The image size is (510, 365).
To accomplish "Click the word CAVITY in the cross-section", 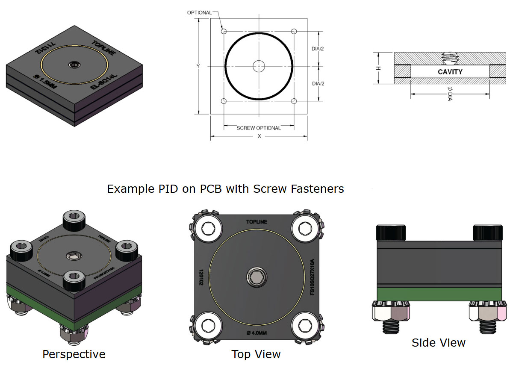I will tap(450, 72).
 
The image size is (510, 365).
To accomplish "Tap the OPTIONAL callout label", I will tap(199, 12).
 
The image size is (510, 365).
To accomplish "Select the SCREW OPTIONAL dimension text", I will tap(259, 128).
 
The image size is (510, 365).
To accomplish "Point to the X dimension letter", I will tap(259, 136).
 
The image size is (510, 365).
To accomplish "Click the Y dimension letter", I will tap(198, 66).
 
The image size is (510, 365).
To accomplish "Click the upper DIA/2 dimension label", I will tap(318, 49).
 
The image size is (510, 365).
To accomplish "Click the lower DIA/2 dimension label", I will tap(318, 83).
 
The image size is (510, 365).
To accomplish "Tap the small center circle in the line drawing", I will tap(259, 66).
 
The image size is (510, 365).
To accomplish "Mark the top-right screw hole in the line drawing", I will tap(294, 31).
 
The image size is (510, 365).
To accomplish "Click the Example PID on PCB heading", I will tap(225, 188).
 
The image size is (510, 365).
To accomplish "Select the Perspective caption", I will tap(74, 354).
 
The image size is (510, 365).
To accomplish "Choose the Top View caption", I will tap(256, 354).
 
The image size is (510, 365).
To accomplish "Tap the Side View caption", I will tap(438, 342).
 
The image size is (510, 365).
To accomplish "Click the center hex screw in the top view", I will tap(256, 279).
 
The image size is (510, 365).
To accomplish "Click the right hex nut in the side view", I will tap(484, 312).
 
